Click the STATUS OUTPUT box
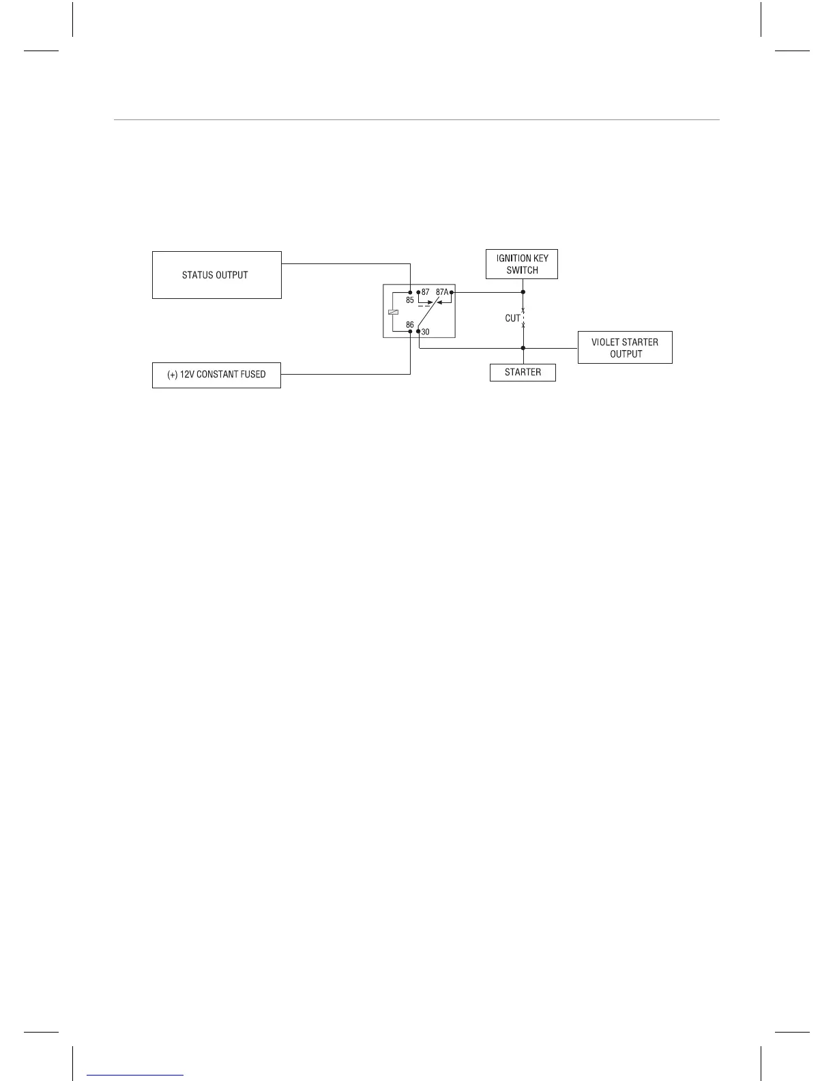[x=216, y=275]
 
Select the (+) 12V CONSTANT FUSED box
[x=216, y=375]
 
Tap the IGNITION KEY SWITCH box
[x=522, y=264]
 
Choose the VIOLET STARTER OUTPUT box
[x=625, y=348]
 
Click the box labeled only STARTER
[x=523, y=373]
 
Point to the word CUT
[x=513, y=318]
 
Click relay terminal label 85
[x=410, y=300]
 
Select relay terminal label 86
[x=410, y=325]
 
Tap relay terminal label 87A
[x=442, y=292]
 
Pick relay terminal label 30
[x=426, y=332]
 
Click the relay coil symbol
[x=392, y=312]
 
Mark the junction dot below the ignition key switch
[x=523, y=292]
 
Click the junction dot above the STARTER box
[x=523, y=348]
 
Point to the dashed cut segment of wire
[x=523, y=318]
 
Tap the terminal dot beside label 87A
[x=452, y=292]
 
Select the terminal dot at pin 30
[x=418, y=332]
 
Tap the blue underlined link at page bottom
[x=135, y=1075]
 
